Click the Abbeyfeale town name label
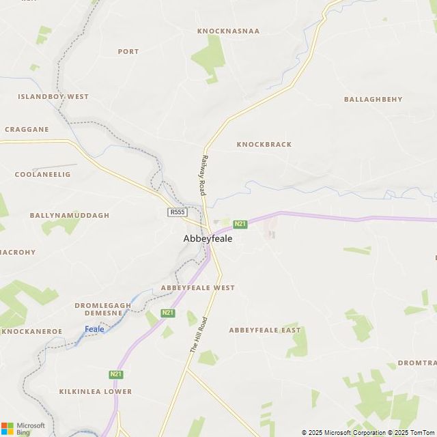pyautogui.click(x=208, y=239)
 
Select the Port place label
pyautogui.click(x=128, y=51)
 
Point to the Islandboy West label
pyautogui.click(x=53, y=97)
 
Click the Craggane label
pyautogui.click(x=27, y=129)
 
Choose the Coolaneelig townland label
pyautogui.click(x=42, y=175)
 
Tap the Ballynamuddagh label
pyautogui.click(x=69, y=215)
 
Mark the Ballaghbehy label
pyautogui.click(x=373, y=100)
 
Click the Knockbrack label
pyautogui.click(x=264, y=145)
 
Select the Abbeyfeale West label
pyautogui.click(x=197, y=288)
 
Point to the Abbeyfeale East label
pyautogui.click(x=264, y=330)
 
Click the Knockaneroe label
pyautogui.click(x=31, y=332)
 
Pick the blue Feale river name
pyautogui.click(x=94, y=329)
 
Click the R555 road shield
pyautogui.click(x=178, y=212)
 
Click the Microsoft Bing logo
pyautogui.click(x=23, y=428)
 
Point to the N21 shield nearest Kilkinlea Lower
pyautogui.click(x=115, y=374)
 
